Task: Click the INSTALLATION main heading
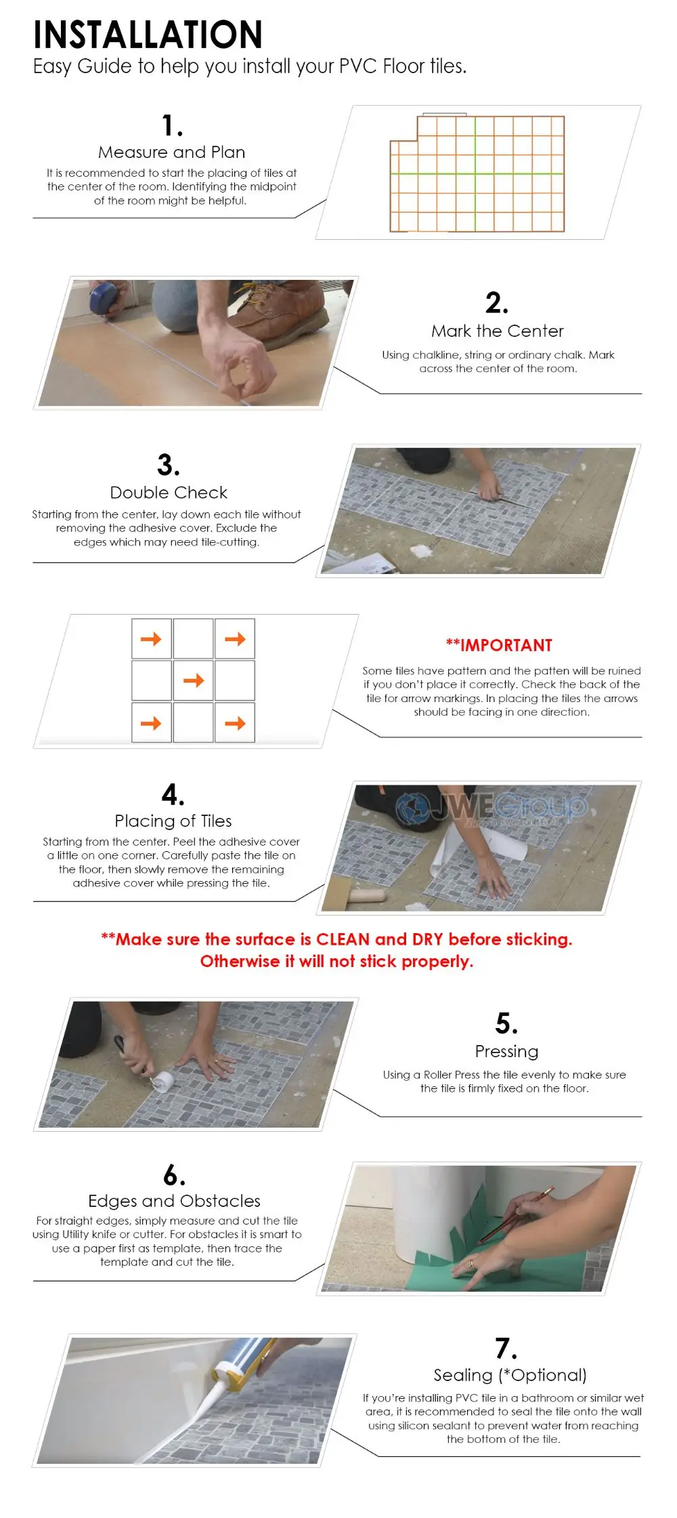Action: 148,35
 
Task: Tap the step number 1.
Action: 171,125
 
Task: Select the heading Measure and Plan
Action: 171,152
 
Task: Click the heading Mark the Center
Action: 498,331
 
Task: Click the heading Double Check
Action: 169,493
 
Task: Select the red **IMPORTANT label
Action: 499,645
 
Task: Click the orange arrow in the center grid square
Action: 194,680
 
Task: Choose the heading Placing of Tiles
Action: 173,821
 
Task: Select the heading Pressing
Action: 506,1051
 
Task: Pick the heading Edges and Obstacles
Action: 174,1201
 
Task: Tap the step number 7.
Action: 506,1349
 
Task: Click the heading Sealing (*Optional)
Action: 510,1375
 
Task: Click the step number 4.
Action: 173,794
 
